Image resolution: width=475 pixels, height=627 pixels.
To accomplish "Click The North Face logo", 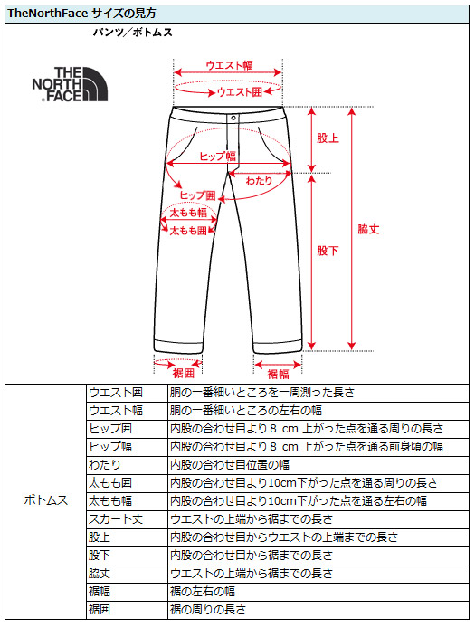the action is click(x=70, y=84).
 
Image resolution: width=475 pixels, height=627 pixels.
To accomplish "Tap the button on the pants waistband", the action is click(x=233, y=118).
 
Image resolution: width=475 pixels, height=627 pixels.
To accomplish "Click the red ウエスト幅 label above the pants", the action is click(x=229, y=65).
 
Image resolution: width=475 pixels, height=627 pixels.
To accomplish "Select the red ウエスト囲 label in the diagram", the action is click(x=240, y=92).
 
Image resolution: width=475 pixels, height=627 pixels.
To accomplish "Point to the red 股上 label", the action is click(x=328, y=138).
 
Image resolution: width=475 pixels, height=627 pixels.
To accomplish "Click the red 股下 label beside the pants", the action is click(x=328, y=251).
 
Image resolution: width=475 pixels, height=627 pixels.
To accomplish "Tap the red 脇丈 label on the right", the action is click(x=368, y=229).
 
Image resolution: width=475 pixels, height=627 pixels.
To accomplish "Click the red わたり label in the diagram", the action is click(x=259, y=181).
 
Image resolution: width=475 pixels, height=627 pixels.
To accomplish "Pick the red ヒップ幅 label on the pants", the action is click(x=218, y=156).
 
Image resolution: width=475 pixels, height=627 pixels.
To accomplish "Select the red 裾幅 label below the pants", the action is click(x=278, y=375).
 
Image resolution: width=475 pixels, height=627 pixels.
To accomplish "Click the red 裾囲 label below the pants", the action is click(x=184, y=373).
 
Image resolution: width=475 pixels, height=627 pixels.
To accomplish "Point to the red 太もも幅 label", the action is click(x=188, y=213).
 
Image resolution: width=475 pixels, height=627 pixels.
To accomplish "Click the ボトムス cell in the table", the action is click(x=46, y=500).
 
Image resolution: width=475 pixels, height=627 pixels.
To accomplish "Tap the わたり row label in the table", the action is click(x=105, y=465).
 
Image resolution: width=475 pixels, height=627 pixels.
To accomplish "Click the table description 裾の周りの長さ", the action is click(x=207, y=610).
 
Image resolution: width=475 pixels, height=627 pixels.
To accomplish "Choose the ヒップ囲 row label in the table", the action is click(x=110, y=429).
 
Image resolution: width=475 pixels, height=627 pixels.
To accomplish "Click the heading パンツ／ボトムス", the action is click(x=132, y=33).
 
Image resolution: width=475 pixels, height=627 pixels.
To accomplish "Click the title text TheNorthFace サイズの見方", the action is click(x=81, y=14).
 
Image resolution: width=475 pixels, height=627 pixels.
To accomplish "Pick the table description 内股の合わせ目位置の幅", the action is click(x=230, y=465).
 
